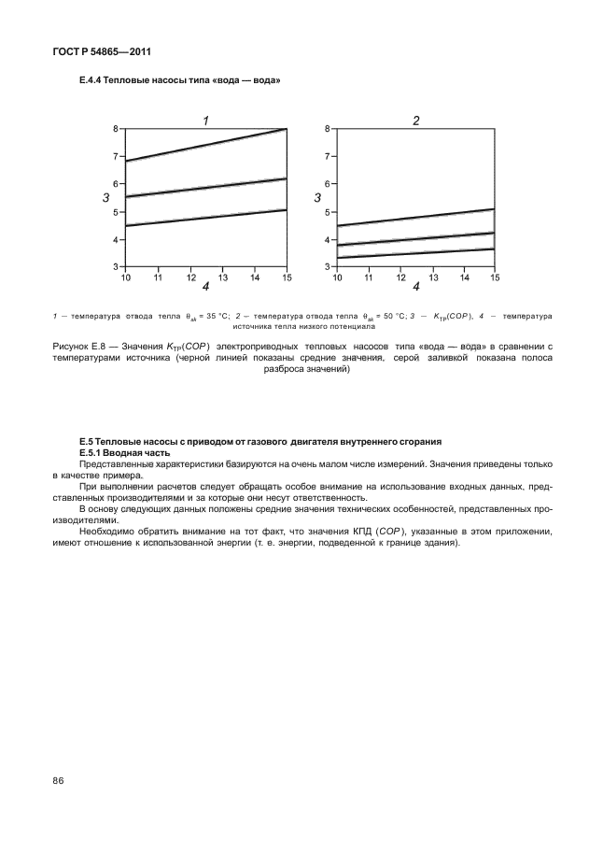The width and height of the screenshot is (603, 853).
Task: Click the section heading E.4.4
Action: pos(180,80)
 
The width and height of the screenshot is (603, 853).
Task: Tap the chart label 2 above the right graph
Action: pos(416,120)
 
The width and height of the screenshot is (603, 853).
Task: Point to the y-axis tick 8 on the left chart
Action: pos(117,128)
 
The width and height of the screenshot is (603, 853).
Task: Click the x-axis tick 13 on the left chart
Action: pos(222,277)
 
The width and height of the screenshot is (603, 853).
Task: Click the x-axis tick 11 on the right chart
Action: pos(370,277)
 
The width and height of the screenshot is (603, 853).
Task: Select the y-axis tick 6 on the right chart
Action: pos(329,184)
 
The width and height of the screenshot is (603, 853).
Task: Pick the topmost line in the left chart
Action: pos(205,145)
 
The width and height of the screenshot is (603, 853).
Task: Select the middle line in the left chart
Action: pos(205,188)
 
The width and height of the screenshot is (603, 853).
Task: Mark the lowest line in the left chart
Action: pos(205,218)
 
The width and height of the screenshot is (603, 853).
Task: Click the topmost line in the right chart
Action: pos(416,217)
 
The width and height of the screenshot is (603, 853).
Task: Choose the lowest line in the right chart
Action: pos(416,252)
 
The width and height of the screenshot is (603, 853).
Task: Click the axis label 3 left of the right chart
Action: pos(317,198)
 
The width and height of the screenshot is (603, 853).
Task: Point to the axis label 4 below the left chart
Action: pos(205,286)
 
